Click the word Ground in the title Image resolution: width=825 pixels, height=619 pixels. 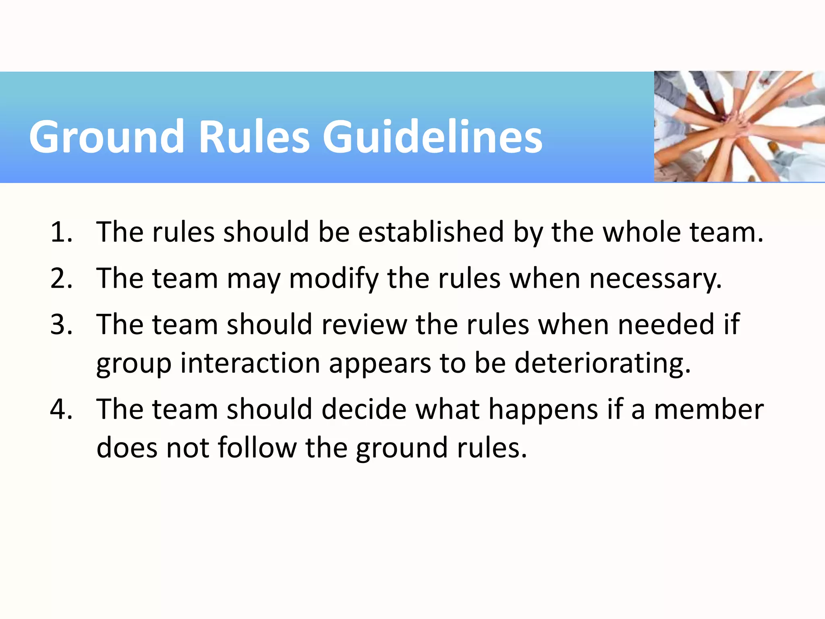tap(106, 137)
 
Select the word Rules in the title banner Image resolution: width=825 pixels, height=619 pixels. tap(254, 137)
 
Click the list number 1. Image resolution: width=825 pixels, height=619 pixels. tap(60, 233)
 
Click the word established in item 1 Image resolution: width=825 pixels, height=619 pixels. tap(431, 233)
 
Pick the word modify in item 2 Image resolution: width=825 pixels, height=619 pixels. tap(334, 279)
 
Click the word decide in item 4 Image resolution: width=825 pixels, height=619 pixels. tap(364, 410)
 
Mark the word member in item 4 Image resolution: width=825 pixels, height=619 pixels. tap(709, 410)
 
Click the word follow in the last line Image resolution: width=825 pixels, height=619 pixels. tap(257, 448)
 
